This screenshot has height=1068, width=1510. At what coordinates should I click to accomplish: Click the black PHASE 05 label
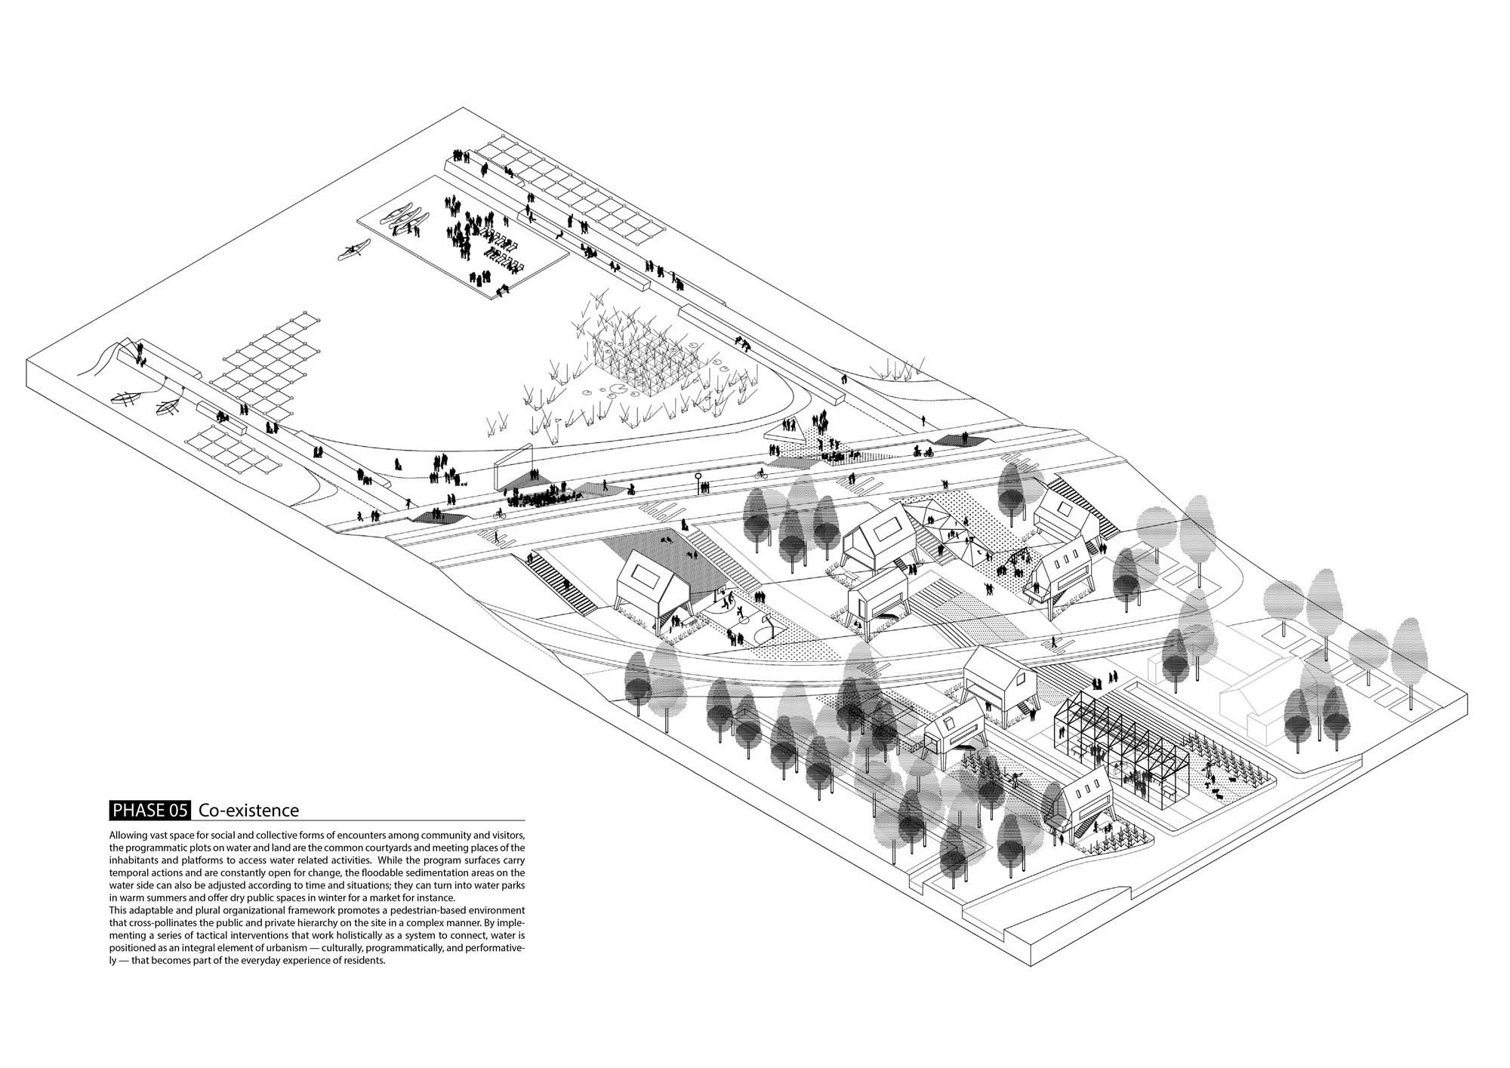pos(150,811)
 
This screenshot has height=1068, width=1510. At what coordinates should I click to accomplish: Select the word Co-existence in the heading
pos(249,811)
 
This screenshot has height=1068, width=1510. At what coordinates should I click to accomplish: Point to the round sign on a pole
pos(699,476)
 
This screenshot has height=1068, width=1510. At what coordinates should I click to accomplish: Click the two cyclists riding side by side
pos(923,452)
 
